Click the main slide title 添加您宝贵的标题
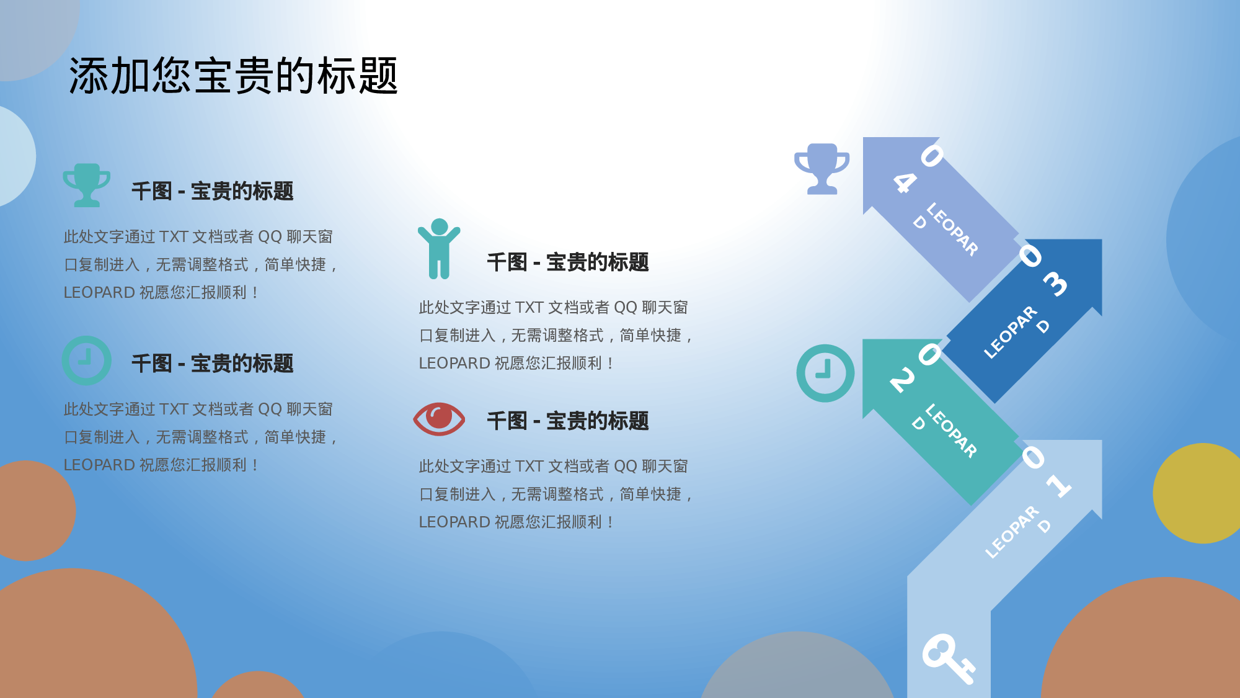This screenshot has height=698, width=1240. pos(233,76)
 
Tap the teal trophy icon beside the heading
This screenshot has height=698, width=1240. pos(87,185)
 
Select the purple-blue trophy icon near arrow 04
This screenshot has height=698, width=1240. pos(822,169)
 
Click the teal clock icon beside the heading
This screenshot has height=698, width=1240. pos(87,360)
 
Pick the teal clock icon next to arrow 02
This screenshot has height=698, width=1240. pos(825,373)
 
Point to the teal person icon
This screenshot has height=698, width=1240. pos(439,248)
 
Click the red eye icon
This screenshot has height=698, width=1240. pos(439,419)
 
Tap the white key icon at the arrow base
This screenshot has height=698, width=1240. pos(947,658)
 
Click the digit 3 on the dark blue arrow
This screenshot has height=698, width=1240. pos(1055,284)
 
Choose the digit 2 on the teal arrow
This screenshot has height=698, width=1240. pos(903,380)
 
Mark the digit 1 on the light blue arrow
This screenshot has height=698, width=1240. pos(1059,485)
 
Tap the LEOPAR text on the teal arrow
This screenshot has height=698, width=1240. pos(951,431)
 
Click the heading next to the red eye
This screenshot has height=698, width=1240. pos(567,421)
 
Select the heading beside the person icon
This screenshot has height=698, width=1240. pos(567,262)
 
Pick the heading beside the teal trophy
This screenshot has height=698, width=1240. pos(212,191)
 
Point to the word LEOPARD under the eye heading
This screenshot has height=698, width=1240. pos(454,522)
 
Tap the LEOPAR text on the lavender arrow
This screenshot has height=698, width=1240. pos(952,230)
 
